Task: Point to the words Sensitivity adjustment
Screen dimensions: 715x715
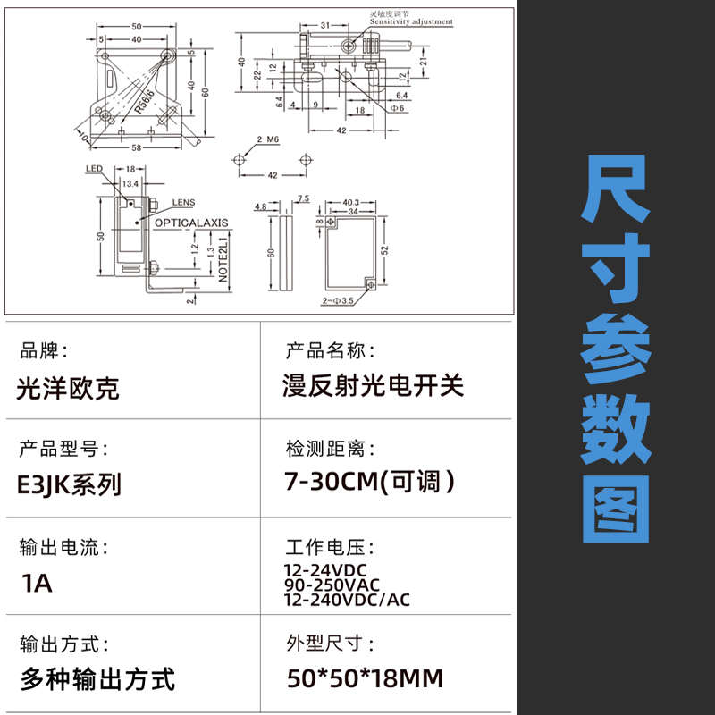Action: pos(410,21)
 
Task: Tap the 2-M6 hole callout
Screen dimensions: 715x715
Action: pos(267,140)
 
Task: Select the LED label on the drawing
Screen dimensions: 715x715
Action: pos(95,168)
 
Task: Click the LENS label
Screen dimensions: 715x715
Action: pos(182,203)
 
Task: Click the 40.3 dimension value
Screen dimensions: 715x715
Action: pos(349,202)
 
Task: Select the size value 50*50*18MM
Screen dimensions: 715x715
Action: pos(365,678)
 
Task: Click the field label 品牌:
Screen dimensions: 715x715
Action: pos(43,350)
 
